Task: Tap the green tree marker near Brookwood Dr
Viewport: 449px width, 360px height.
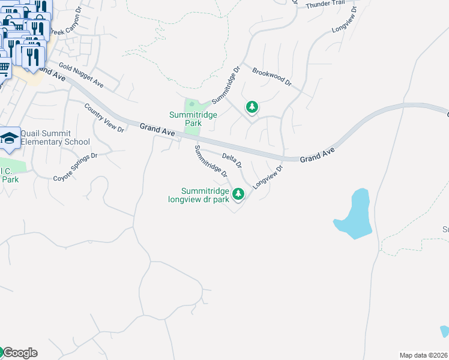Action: click(x=252, y=107)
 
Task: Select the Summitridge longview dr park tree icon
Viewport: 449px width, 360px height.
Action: click(x=238, y=193)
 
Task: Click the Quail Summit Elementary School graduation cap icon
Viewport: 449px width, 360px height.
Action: click(x=10, y=139)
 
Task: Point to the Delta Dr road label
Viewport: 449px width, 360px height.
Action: click(x=232, y=160)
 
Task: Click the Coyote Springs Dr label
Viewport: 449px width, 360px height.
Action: click(x=75, y=167)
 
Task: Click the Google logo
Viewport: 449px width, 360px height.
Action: click(x=19, y=353)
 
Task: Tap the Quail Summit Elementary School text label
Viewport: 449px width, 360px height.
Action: click(x=55, y=137)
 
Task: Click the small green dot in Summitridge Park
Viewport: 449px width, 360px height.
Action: click(x=192, y=104)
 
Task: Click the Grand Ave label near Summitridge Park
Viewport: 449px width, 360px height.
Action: click(x=157, y=128)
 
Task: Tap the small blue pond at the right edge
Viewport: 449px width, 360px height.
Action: click(x=444, y=331)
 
